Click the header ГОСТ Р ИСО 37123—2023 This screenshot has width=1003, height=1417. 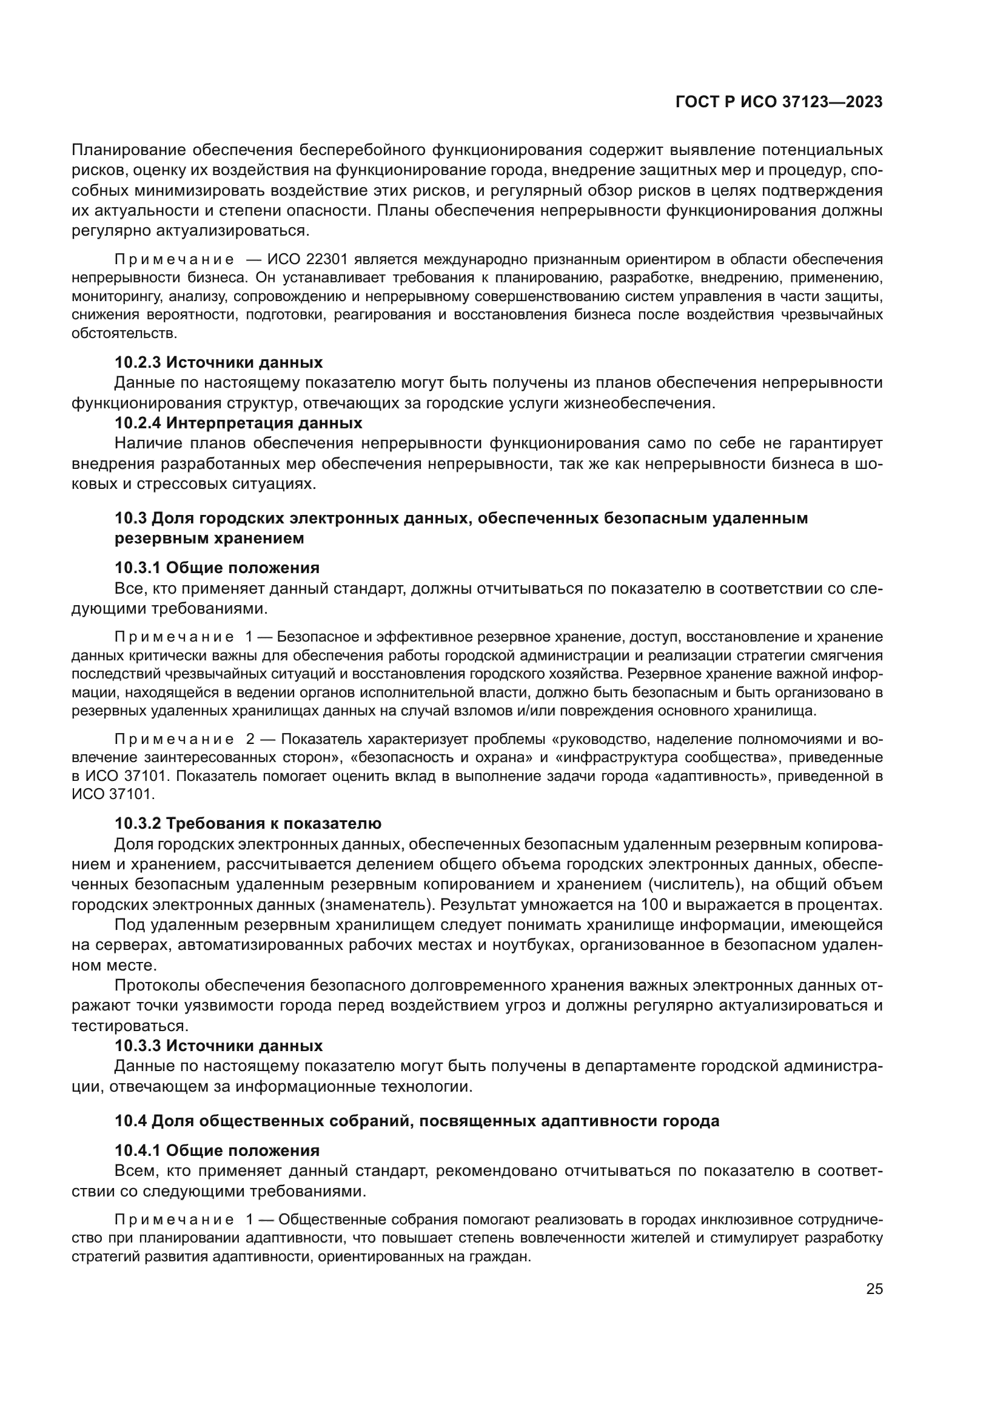pos(779,102)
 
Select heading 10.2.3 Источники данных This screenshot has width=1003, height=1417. pos(219,362)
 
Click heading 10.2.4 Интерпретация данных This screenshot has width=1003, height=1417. pos(238,423)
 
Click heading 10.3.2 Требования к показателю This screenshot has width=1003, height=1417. pos(247,823)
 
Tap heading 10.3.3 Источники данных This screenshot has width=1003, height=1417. pos(219,1046)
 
